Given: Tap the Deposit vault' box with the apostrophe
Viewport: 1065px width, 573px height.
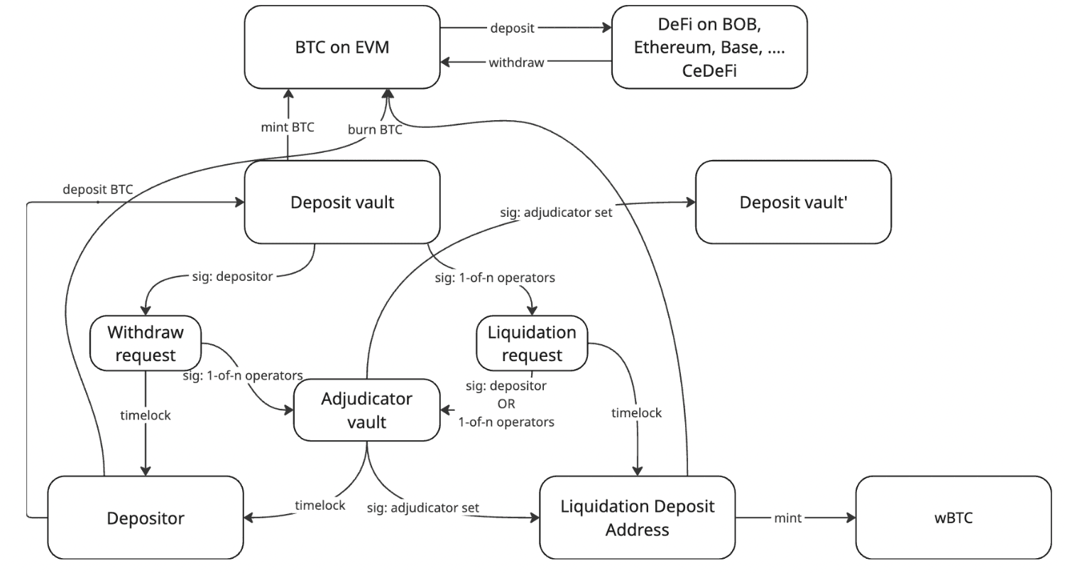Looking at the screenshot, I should (792, 202).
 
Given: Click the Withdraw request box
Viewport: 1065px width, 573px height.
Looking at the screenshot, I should (146, 343).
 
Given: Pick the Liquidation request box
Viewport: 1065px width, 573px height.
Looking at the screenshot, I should (532, 343).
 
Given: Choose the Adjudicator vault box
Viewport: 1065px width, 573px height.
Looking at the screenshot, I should (366, 409).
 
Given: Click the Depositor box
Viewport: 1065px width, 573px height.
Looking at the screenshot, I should (146, 518).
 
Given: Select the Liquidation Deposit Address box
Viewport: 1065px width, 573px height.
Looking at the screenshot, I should (637, 518).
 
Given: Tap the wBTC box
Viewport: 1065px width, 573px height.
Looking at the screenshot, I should (953, 518).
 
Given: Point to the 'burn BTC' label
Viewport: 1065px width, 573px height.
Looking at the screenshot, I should (374, 129).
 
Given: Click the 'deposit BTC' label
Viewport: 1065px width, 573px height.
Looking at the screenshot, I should (97, 189).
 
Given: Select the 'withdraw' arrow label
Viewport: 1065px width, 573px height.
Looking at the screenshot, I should (516, 63).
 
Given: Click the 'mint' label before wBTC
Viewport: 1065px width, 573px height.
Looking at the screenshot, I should (787, 518).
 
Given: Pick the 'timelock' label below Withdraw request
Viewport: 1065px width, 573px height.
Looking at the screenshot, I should (146, 415).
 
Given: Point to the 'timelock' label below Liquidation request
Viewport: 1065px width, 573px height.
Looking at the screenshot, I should (637, 413).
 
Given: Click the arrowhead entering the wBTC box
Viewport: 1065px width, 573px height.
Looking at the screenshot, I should (851, 518).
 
